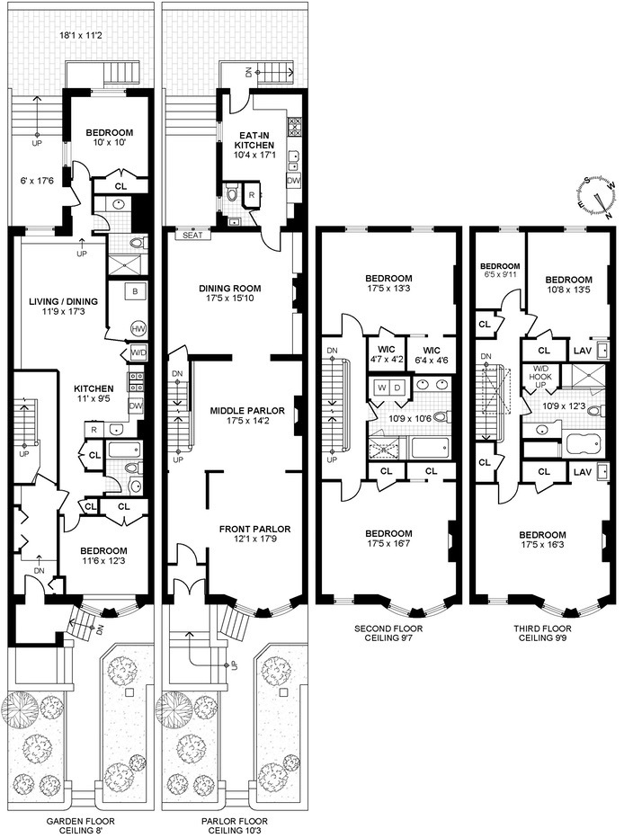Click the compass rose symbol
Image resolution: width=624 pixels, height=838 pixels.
(x=596, y=195)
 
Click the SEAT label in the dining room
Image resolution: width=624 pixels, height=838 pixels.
(x=192, y=236)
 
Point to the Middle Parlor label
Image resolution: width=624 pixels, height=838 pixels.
(x=247, y=410)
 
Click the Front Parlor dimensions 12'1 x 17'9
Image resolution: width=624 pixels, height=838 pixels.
(x=254, y=539)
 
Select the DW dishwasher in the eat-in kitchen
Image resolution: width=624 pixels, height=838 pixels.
(x=293, y=181)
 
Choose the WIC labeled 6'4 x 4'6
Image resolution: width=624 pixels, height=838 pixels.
(x=432, y=355)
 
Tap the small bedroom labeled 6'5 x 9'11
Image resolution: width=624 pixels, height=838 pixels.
(x=500, y=271)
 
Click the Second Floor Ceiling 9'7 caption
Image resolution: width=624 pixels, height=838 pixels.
(x=388, y=633)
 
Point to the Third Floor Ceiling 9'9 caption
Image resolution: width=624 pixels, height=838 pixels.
(x=542, y=633)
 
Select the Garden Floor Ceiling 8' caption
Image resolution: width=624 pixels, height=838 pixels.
(x=80, y=825)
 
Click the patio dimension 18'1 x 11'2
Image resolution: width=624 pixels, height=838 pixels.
(x=81, y=36)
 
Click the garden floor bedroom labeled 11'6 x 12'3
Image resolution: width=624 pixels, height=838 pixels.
(x=103, y=556)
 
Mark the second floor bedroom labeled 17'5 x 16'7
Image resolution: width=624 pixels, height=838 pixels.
(x=388, y=539)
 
